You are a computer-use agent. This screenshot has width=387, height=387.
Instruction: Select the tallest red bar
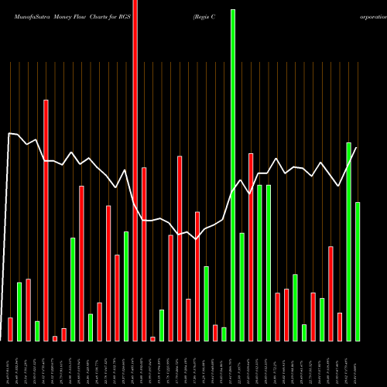135,170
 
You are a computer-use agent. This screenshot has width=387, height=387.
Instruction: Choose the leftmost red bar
10,329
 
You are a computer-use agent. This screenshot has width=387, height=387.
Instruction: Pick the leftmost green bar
19,311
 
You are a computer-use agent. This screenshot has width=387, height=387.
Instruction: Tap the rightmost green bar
358,271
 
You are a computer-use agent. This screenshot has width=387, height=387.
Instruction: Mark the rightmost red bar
340,327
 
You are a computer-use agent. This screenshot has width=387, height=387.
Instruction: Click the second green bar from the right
349,241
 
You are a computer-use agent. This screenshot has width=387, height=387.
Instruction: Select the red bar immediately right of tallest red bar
144,254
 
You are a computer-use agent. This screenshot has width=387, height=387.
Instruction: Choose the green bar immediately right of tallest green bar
242,286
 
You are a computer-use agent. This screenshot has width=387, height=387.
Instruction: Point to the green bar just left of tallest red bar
126,286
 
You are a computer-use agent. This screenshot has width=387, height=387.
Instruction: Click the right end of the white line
357,147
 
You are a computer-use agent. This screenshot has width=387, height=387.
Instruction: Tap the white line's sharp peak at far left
9,134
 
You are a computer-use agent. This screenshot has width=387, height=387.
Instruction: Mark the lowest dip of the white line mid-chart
197,239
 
